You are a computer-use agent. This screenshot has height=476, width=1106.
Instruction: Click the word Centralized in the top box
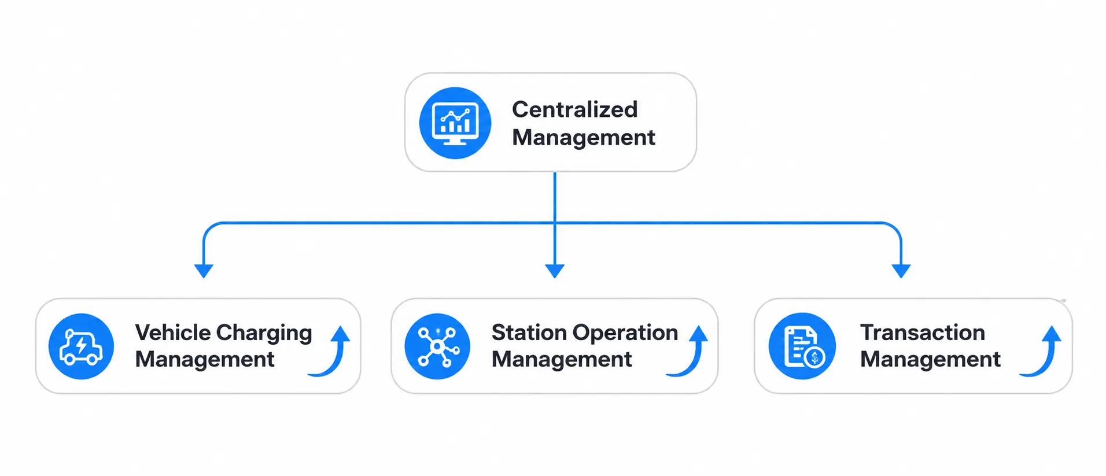(574, 109)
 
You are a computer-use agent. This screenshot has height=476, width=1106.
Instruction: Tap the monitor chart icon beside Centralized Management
(455, 123)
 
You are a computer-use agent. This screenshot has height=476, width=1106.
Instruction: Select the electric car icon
(82, 346)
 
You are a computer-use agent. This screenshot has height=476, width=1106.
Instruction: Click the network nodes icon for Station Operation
(437, 346)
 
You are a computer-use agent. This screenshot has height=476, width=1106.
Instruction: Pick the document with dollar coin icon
(802, 346)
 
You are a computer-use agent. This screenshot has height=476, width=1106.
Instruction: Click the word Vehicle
(173, 333)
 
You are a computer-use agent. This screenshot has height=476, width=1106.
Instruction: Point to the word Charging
(264, 334)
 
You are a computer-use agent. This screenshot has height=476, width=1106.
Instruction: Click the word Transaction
(923, 333)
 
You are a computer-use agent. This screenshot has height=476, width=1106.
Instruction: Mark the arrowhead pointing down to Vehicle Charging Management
(204, 271)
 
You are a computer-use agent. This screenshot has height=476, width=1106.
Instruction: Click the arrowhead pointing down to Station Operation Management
(555, 271)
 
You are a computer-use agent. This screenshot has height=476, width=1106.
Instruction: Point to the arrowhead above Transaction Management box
(901, 271)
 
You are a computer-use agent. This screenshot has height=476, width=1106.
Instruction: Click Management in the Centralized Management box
(584, 138)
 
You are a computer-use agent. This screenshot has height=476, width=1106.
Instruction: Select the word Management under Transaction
(930, 360)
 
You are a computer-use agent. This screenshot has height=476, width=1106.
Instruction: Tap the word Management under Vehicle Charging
(205, 360)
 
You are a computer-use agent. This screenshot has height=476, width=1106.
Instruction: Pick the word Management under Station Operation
(562, 360)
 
